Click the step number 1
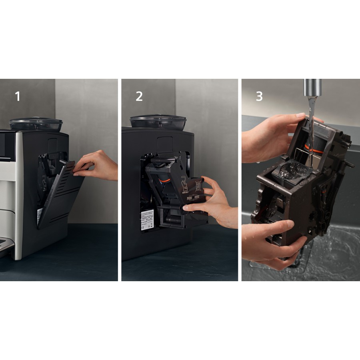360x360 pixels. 18,96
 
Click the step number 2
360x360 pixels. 139,96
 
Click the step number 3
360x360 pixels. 259,96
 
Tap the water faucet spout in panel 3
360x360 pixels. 312,87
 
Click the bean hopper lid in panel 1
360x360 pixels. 36,122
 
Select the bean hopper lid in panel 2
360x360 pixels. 158,120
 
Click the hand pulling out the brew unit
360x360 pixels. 216,200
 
